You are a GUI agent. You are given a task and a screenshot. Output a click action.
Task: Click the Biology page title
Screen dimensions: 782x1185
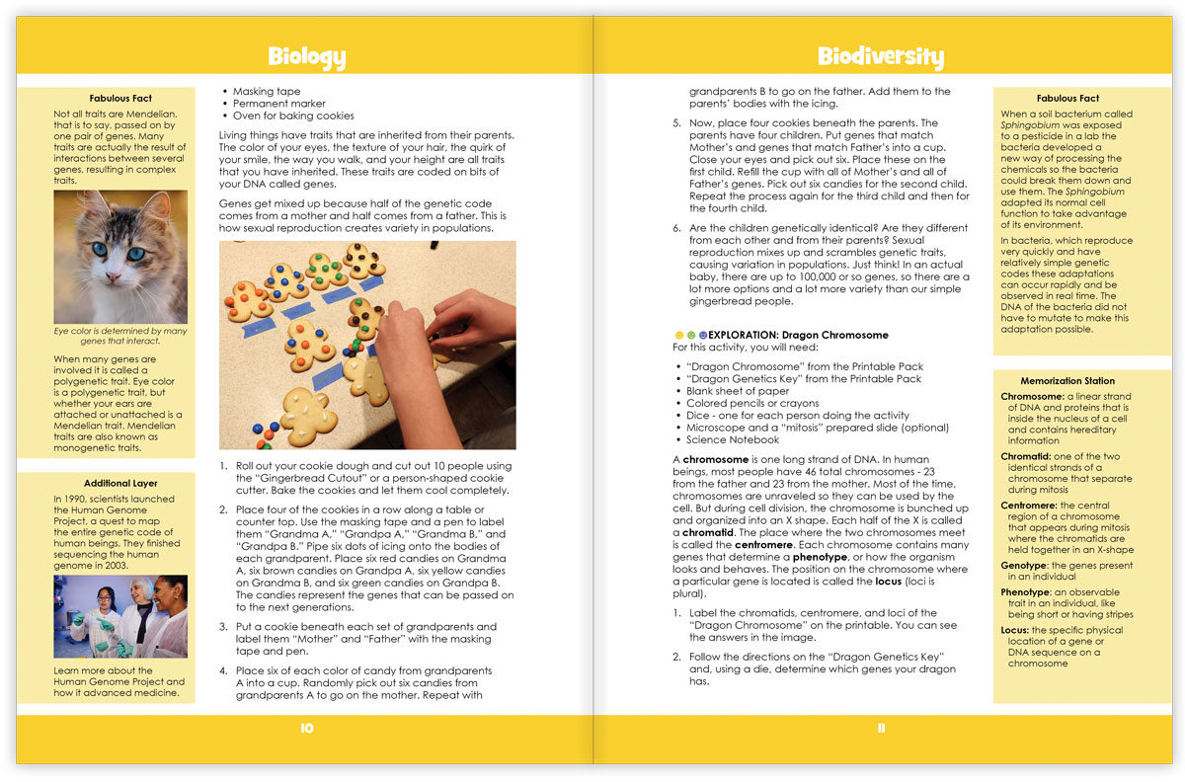[x=306, y=56]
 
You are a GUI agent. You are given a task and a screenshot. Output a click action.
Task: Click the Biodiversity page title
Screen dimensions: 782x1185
[x=880, y=56]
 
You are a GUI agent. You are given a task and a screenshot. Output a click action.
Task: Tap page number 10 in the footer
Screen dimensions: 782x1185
[x=306, y=729]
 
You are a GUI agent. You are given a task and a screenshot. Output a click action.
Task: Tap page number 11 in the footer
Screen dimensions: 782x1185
[x=881, y=729]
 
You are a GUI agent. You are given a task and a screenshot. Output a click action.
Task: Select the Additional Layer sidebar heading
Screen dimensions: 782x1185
[x=120, y=483]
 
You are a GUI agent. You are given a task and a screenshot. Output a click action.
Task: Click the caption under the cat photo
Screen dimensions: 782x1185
[x=120, y=337]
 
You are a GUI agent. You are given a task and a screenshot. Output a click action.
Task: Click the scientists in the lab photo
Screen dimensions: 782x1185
[x=120, y=617]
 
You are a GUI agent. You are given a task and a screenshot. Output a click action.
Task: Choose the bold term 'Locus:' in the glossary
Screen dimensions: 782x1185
[x=1019, y=630]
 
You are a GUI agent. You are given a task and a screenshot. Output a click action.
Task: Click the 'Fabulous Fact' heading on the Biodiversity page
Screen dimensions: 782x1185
[x=1067, y=98]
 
